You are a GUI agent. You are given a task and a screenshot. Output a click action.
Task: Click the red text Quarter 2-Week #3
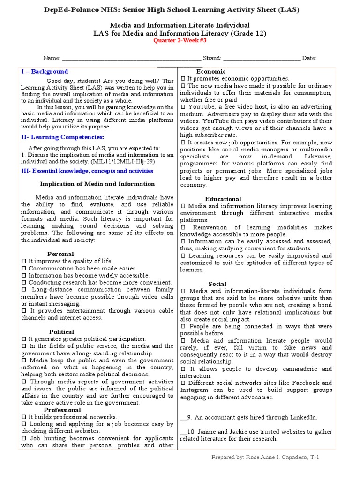pos(180,40)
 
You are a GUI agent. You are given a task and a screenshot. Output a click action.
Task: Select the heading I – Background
pos(45,72)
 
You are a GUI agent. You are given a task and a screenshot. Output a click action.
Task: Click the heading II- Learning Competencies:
pos(62,137)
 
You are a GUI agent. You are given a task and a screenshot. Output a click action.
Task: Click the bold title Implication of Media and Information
pos(97,184)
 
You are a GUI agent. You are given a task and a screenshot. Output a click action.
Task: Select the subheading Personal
pos(60,254)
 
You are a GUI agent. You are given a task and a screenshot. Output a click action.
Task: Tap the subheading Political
pos(61,332)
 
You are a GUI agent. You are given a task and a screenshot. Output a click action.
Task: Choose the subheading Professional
pos(62,410)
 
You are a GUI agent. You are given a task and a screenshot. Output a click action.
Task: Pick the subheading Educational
pos(223,199)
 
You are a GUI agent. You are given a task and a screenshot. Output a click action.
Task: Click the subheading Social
pos(217,284)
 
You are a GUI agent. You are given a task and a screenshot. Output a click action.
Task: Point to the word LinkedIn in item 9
pos(303,417)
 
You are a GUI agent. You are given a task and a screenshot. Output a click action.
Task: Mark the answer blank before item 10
pos(183,432)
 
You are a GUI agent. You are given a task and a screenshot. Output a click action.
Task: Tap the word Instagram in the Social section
pos(195,390)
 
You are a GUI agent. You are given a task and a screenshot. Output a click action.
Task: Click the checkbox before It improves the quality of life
pos(23,261)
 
